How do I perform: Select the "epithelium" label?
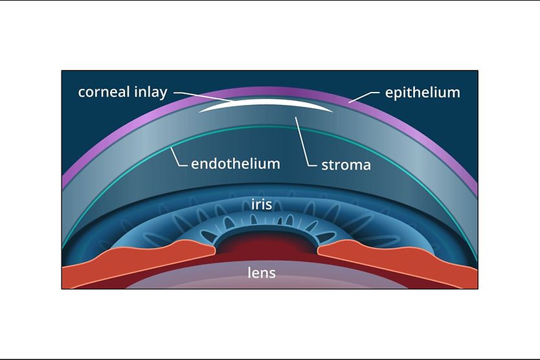point(423,93)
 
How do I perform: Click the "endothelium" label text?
point(236,164)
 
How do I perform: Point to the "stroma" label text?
point(346,165)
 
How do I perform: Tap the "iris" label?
point(262,205)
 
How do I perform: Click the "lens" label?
point(262,273)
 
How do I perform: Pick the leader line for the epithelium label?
point(364,96)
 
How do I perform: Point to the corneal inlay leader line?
point(204,96)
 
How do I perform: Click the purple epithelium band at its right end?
point(471,179)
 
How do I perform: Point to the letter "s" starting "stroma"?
point(325,166)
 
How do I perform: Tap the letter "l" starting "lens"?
point(249,272)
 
